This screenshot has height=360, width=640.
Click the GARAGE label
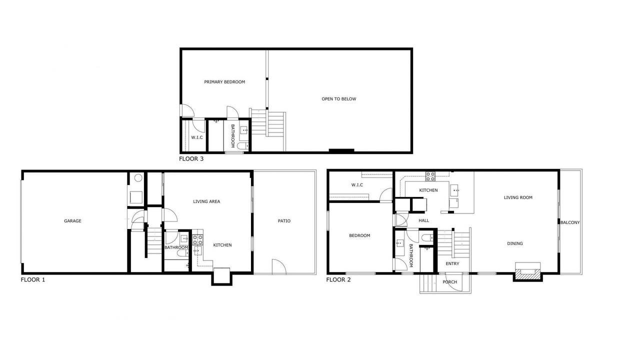(72, 221)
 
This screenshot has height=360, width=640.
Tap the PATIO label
(284, 221)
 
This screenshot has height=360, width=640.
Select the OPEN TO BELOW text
(339, 99)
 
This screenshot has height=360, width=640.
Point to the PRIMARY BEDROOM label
(224, 82)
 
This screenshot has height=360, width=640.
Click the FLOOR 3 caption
(191, 159)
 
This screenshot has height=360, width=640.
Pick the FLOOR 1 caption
(33, 279)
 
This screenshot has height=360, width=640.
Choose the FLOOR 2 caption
(338, 279)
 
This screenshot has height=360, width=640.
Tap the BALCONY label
(570, 222)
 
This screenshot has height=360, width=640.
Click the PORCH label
(449, 282)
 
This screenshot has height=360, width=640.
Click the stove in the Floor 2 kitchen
(430, 176)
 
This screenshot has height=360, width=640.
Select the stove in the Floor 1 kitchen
(197, 239)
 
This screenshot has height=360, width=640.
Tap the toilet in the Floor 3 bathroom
(243, 146)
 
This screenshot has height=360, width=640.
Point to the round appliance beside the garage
(138, 178)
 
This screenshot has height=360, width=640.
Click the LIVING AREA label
(206, 201)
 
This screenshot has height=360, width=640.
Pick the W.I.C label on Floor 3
(197, 137)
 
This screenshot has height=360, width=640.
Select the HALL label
(423, 220)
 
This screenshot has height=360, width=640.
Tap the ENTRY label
(452, 263)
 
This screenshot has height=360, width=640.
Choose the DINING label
(515, 243)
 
